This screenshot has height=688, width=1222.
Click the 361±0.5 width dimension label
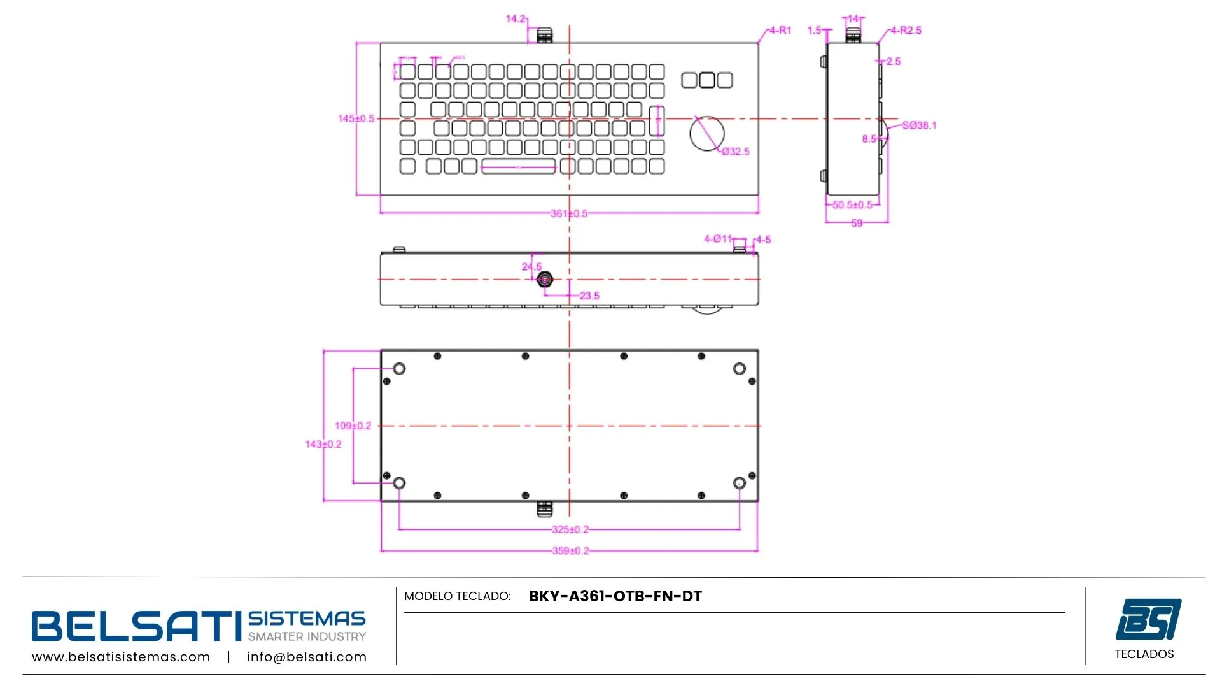tap(569, 213)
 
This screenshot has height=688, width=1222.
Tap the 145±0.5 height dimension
tap(356, 118)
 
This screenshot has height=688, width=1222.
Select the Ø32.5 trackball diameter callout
tap(735, 152)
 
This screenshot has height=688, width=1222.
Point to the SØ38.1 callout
tap(919, 125)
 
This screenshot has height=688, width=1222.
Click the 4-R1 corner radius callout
tap(780, 31)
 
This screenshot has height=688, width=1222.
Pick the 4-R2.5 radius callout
tap(906, 31)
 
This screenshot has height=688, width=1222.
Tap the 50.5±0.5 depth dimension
tap(852, 205)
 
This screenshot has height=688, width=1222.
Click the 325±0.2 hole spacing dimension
tap(570, 529)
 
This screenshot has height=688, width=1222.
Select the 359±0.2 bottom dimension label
tap(570, 551)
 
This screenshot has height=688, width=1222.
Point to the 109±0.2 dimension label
tap(353, 426)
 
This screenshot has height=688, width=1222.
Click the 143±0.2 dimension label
tap(323, 444)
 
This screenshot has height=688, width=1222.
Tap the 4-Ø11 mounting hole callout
tap(717, 239)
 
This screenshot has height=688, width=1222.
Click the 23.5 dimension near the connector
tap(589, 296)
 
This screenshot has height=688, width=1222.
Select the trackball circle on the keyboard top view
tap(706, 134)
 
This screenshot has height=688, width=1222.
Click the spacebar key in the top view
tap(518, 167)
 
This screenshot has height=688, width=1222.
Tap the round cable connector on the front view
tap(545, 280)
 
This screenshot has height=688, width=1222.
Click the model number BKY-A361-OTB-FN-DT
tap(615, 596)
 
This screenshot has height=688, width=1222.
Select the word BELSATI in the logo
tap(133, 626)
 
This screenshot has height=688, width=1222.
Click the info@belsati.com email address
tap(306, 657)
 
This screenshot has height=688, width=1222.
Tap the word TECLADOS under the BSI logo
tap(1144, 654)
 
